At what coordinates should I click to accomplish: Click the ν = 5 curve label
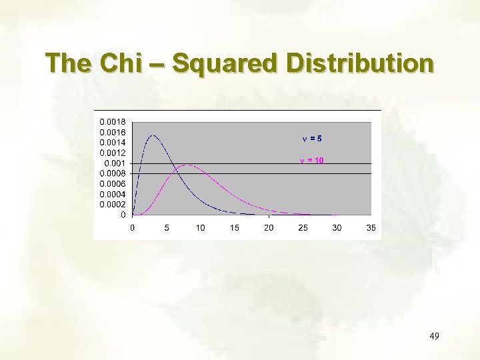pos(312,139)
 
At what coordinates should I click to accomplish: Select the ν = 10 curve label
pos(311,161)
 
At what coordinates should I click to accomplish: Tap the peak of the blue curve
pos(153,135)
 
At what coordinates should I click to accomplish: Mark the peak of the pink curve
pos(189,165)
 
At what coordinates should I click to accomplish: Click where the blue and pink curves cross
pos(177,169)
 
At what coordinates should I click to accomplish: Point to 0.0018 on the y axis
pos(111,122)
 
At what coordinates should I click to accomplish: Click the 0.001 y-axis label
pos(115,163)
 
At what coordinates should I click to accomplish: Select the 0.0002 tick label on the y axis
pos(111,205)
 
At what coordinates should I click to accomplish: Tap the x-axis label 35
pos(371,228)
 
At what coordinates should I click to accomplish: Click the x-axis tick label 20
pos(269,228)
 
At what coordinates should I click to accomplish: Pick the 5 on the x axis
pos(167,228)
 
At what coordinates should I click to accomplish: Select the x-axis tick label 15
pos(235,228)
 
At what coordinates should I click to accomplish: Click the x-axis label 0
pos(133,228)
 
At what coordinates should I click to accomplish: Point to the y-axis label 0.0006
pos(111,184)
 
